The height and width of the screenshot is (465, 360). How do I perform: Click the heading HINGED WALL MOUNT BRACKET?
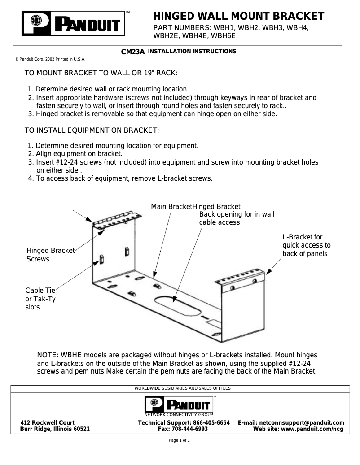(x=238, y=17)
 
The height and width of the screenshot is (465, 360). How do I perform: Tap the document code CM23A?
(x=133, y=52)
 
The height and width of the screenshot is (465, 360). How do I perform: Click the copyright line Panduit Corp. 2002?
(x=50, y=59)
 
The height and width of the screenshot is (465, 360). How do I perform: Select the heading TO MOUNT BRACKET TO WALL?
(x=101, y=73)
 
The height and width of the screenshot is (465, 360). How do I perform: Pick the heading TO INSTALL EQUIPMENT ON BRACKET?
(x=92, y=130)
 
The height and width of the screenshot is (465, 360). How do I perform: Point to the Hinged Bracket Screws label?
(x=50, y=255)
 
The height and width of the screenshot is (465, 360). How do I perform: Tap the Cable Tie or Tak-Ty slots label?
(x=40, y=299)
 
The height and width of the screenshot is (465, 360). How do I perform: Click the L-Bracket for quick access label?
(x=306, y=245)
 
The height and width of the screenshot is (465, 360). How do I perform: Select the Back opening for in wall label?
(x=237, y=218)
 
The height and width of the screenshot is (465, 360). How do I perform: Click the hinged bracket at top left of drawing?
(x=114, y=219)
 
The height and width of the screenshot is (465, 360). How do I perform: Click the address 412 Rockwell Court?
(x=48, y=423)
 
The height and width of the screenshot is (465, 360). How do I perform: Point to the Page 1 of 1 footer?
(x=179, y=441)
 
